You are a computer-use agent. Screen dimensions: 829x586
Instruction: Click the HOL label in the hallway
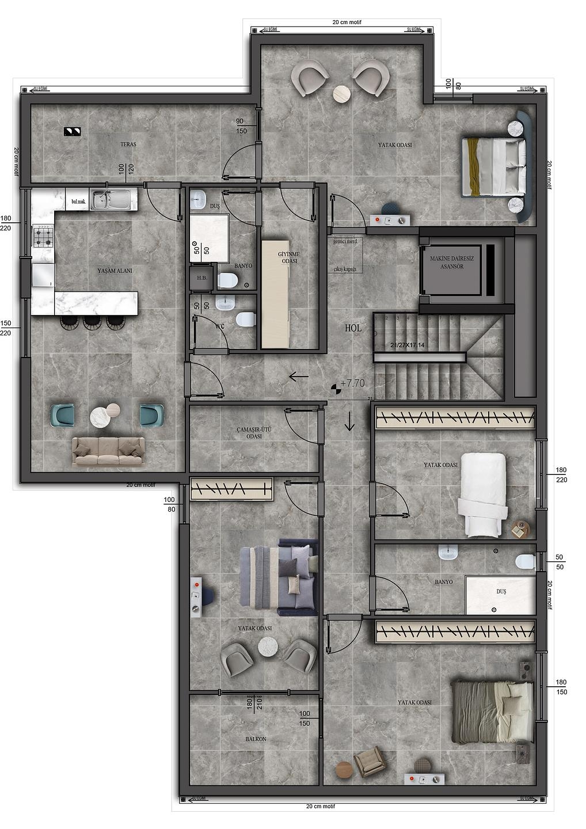353,328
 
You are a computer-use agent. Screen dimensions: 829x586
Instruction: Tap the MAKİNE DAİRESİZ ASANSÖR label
452,263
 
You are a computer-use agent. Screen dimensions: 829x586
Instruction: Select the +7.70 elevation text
352,383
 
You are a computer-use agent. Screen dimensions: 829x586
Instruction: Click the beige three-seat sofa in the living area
108,451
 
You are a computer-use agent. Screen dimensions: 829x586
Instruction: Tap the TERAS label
128,144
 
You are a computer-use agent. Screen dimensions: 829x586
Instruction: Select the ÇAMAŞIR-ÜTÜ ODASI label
254,433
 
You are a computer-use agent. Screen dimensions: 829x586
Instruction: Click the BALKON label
256,739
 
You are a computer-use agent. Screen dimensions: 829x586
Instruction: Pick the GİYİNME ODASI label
289,257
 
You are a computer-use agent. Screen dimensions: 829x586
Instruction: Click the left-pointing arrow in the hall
299,377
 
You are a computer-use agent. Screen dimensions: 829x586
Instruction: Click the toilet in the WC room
246,318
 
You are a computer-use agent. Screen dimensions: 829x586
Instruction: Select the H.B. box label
201,278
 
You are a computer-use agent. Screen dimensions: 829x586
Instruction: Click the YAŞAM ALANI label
115,270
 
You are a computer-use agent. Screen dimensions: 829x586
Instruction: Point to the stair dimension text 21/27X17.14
407,345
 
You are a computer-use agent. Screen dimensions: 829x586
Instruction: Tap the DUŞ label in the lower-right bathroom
501,591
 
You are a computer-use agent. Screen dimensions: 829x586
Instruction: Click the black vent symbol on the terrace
72,131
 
